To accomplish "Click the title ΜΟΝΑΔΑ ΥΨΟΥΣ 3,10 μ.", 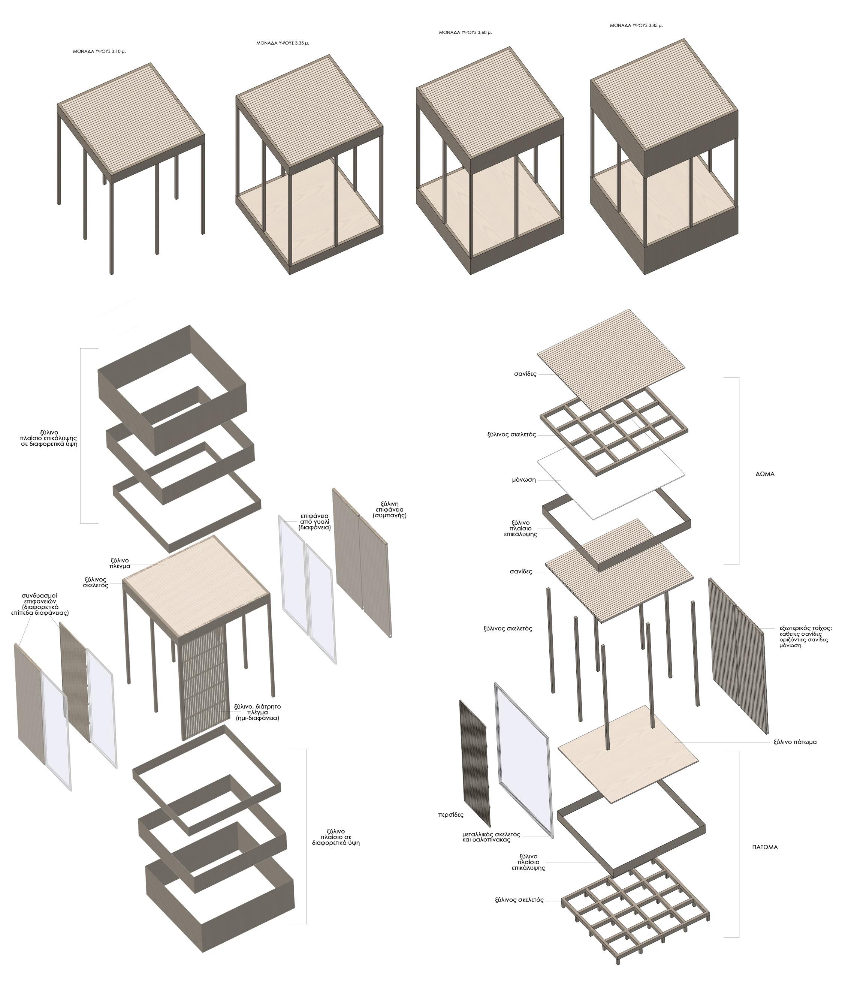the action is pos(99,51).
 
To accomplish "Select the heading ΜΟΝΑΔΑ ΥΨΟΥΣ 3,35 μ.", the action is pos(283,43).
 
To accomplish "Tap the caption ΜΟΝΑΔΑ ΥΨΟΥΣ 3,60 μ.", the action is pos(465,33).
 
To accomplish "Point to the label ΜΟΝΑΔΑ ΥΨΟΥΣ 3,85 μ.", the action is pos(636,25).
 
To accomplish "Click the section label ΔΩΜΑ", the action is pos(765,474).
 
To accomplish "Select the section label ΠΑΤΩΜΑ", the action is pos(765,847).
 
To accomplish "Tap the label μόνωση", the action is pos(524,480).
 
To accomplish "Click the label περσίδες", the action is pos(451,815).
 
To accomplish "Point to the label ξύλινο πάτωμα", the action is pos(795,742).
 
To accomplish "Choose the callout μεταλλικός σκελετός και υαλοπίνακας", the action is pos(491,837).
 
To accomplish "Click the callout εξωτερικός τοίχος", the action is pos(806,629).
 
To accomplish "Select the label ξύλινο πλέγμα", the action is pos(120,563).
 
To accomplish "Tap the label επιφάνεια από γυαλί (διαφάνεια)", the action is pos(315,521).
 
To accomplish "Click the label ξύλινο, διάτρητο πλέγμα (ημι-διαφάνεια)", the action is pos(257,712).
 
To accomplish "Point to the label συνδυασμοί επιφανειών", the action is pos(40,598).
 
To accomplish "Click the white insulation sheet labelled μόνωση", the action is pos(611,482).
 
